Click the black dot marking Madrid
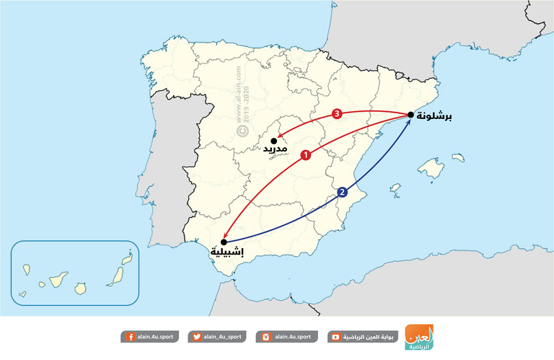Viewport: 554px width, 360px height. [274, 141]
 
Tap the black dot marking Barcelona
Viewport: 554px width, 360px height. [410, 115]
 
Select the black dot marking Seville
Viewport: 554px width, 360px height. [224, 242]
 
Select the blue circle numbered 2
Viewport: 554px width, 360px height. [342, 193]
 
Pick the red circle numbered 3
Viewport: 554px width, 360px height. [336, 113]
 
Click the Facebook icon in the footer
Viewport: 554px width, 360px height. [130, 337]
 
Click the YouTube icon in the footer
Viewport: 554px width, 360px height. [336, 337]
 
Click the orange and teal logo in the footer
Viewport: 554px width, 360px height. [419, 337]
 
